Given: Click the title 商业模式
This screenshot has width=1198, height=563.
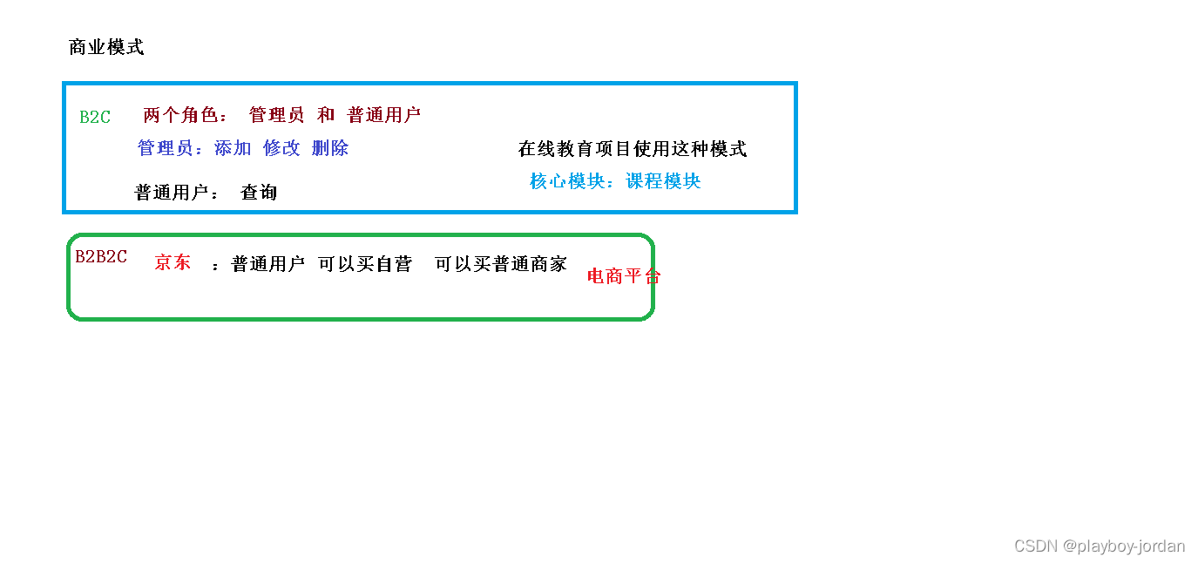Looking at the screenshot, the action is [106, 48].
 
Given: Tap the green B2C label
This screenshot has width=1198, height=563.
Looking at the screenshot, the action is [95, 117].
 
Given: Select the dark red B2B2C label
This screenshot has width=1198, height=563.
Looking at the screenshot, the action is [101, 256].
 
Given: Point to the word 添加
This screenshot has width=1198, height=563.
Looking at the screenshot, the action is [233, 148].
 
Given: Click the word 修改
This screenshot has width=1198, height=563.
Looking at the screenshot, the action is [281, 148].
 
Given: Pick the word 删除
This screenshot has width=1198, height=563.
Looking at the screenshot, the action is [330, 148].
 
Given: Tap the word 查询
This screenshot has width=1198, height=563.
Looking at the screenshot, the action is [259, 193].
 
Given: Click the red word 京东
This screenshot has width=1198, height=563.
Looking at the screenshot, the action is [173, 262].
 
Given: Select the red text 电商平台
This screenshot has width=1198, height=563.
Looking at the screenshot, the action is [624, 276].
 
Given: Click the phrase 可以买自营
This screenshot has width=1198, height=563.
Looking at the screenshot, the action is [365, 264].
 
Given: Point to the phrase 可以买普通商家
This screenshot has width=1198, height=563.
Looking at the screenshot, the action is [501, 264].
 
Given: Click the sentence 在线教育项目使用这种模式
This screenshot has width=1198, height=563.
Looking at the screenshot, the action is [633, 149].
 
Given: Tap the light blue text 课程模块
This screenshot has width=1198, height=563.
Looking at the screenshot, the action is [663, 181].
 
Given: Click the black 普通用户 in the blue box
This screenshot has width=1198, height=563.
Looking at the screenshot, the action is [172, 193].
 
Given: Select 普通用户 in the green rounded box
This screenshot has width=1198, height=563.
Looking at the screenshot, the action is [267, 264].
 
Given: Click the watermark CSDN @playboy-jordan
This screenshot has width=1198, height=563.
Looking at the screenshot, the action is [1100, 546].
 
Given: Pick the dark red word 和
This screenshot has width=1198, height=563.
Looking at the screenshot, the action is [326, 115].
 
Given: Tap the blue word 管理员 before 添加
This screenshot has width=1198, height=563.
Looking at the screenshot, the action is [166, 148].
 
